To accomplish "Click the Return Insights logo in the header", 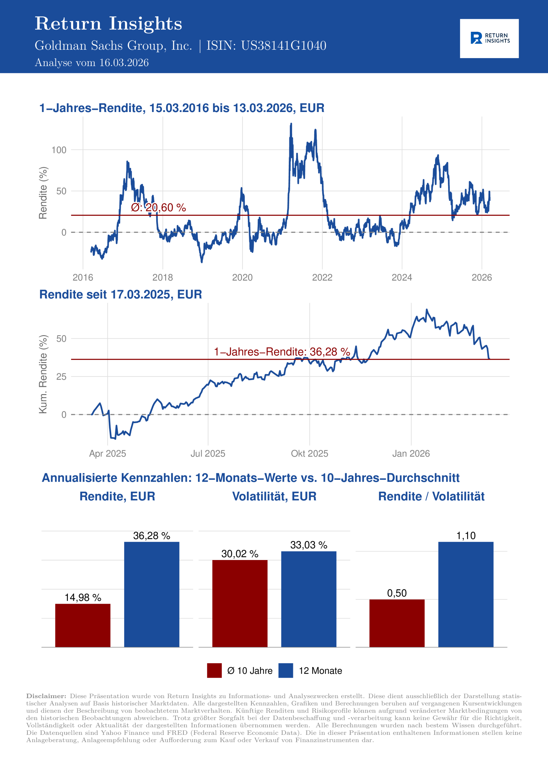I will pyautogui.click(x=489, y=38).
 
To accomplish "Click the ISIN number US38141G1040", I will pyautogui.click(x=283, y=46).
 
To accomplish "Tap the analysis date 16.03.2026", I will pyautogui.click(x=124, y=63).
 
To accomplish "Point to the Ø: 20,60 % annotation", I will pyautogui.click(x=158, y=207).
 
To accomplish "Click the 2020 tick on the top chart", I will pyautogui.click(x=242, y=278).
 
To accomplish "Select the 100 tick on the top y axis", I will pyautogui.click(x=59, y=150).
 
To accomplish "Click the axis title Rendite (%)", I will pyautogui.click(x=43, y=193).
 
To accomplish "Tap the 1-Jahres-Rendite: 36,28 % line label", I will pyautogui.click(x=282, y=352).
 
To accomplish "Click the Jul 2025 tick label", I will pyautogui.click(x=208, y=453).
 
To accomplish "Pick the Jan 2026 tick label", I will pyautogui.click(x=411, y=453).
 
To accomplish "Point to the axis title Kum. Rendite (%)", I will pyautogui.click(x=43, y=374).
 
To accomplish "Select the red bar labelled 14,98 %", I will pyautogui.click(x=83, y=625).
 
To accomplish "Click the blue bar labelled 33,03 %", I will pyautogui.click(x=309, y=599).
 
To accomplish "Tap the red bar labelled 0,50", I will pyautogui.click(x=397, y=623).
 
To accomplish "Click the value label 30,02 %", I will pyautogui.click(x=240, y=554).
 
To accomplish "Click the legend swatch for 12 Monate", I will pyautogui.click(x=286, y=670).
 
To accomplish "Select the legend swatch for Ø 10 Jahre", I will pyautogui.click(x=214, y=670).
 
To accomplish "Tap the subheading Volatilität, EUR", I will pyautogui.click(x=274, y=496).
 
